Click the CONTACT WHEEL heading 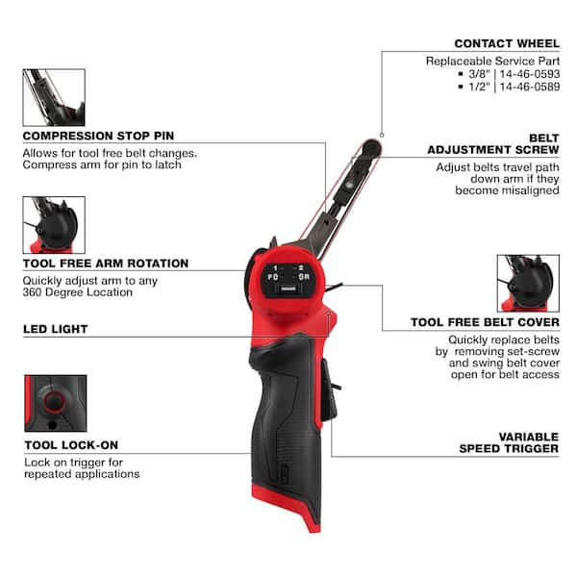506,43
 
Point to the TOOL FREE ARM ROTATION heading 106,263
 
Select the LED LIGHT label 56,329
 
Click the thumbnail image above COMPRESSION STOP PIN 54,97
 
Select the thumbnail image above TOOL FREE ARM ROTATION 54,224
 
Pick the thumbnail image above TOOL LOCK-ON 54,404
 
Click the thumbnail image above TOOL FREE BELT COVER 527,284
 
